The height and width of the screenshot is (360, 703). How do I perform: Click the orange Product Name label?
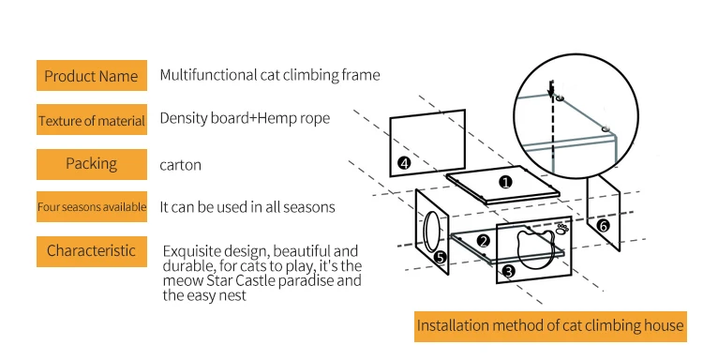tap(92, 75)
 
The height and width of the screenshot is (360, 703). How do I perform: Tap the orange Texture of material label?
tap(92, 120)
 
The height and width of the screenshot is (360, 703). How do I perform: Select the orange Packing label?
tap(92, 164)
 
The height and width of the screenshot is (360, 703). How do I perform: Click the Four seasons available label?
tap(92, 206)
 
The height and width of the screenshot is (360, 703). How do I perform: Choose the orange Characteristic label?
tap(92, 251)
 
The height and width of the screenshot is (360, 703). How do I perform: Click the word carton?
tap(180, 165)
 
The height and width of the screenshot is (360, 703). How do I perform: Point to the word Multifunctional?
tap(208, 74)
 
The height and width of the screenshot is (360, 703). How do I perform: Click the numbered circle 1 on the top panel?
tap(506, 183)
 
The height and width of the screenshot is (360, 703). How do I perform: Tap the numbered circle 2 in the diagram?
tap(484, 241)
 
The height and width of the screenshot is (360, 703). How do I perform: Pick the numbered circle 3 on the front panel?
tap(508, 271)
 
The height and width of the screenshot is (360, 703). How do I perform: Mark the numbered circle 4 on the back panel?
tap(404, 162)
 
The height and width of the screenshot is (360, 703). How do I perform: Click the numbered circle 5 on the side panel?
tap(440, 257)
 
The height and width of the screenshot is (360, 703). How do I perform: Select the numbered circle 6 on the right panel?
tap(604, 226)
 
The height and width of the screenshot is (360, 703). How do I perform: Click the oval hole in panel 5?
tap(424, 232)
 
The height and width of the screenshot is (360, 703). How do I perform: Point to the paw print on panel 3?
tap(562, 229)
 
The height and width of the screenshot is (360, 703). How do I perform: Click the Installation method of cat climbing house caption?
tap(550, 326)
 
